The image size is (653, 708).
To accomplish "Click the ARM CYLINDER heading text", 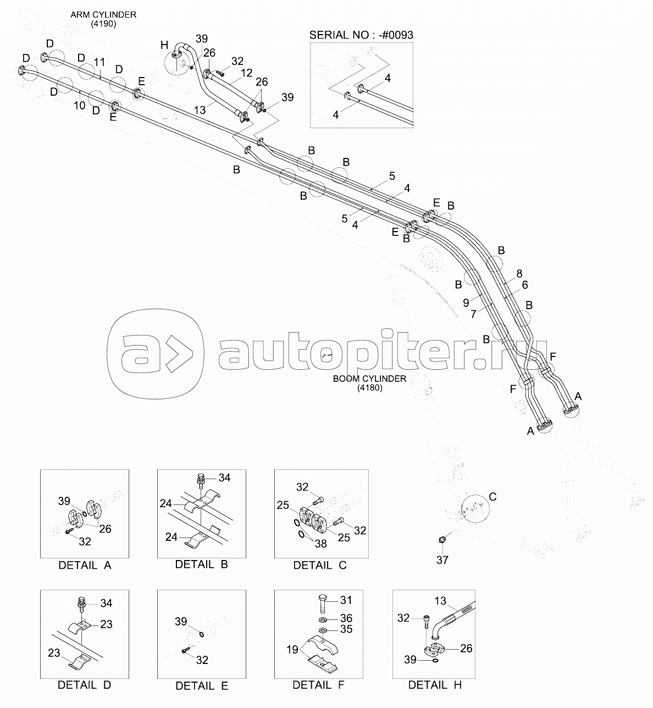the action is tap(103, 15).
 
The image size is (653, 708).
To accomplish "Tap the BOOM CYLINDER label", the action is tap(369, 379).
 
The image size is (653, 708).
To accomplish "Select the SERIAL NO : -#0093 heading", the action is tap(361, 35).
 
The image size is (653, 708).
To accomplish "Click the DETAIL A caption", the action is tap(85, 566).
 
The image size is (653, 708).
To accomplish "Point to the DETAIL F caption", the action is tap(318, 685).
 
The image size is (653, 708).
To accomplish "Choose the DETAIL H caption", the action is tap(435, 685).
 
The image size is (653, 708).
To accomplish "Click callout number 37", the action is tap(442, 560).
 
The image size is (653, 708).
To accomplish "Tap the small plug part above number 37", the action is tap(441, 540).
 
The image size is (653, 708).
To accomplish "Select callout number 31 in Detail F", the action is tap(346, 600).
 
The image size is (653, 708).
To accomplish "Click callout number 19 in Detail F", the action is tap(292, 650).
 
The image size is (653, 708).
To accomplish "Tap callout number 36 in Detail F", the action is tap(346, 618).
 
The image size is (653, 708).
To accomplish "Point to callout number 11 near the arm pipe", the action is tap(99, 62).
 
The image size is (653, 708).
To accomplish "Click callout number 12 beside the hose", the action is tap(246, 73).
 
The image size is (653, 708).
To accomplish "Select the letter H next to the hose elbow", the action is tap(164, 45).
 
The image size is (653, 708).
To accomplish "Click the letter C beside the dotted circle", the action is tap(492, 497).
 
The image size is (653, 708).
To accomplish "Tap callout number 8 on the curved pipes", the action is tap(519, 273).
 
